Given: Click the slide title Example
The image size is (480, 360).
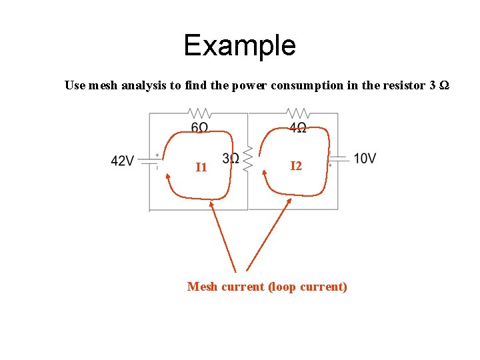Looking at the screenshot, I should point(239,45).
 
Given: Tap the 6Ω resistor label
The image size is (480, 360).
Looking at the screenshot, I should point(199,127).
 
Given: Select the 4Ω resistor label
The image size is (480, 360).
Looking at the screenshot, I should point(297,127).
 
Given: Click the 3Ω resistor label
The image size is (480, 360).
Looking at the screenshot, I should point(231,159).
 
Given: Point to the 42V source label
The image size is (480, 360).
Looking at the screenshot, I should point(123,161).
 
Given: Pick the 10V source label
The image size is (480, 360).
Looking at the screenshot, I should point(365,159).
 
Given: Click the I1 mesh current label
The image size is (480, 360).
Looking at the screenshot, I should point(201,167).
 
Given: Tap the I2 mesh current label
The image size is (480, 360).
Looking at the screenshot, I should point(296,165).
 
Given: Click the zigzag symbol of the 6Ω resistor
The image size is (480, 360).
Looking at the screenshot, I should point(199,113).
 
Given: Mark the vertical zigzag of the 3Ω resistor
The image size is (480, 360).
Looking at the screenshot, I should point(247,159).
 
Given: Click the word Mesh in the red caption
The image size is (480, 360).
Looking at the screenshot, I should point(202,287).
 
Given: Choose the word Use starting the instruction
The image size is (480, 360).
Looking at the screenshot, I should point(74,85).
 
